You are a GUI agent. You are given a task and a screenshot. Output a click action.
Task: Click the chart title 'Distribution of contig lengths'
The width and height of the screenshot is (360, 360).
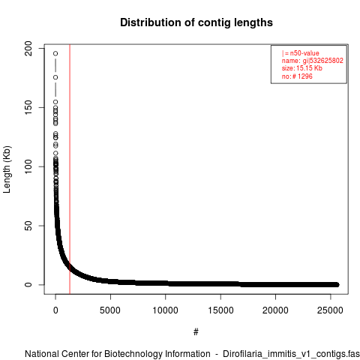(196, 22)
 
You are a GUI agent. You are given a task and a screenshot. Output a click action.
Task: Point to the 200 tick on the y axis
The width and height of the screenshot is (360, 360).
(28, 48)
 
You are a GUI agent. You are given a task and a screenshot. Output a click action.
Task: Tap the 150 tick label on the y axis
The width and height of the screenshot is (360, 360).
(28, 107)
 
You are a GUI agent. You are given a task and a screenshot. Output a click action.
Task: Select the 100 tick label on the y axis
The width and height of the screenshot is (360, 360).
(28, 166)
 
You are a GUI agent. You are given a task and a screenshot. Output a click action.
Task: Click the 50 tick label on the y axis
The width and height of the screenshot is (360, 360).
(28, 226)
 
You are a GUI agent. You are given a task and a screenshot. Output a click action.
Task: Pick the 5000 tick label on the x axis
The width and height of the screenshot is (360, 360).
(110, 310)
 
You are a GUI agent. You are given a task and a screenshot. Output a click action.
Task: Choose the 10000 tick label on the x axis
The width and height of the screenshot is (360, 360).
(165, 310)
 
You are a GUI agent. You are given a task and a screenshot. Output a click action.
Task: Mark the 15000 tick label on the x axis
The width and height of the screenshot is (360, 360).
(220, 310)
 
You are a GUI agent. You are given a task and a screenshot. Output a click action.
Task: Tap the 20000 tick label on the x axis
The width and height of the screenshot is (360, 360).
(275, 310)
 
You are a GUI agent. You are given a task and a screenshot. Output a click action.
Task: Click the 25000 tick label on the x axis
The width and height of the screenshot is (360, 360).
(331, 310)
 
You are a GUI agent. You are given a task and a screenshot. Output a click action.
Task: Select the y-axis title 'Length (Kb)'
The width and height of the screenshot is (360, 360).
(7, 169)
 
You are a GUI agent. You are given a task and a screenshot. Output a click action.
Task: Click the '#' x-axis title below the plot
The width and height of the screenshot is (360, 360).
(196, 332)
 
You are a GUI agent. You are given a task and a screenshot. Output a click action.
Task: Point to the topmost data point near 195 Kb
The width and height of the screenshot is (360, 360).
(55, 53)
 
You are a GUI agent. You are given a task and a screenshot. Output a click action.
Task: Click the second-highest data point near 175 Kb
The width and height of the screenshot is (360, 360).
(55, 77)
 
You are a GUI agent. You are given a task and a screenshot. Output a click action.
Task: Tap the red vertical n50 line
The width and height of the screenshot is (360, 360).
(70, 169)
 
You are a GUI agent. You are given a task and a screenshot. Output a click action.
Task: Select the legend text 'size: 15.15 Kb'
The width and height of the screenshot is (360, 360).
(302, 68)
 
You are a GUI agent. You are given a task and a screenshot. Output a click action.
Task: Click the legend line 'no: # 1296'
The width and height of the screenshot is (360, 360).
(297, 76)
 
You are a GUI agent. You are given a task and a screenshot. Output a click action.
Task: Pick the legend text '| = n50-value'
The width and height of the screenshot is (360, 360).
(301, 53)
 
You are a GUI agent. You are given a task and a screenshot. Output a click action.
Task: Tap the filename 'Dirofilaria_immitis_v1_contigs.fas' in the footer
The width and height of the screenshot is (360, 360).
(291, 354)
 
